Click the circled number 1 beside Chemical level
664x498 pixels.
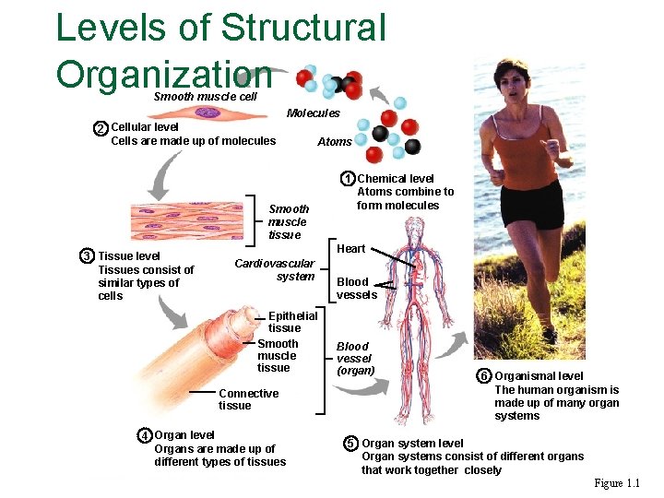pos(347,178)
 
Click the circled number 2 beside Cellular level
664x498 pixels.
pos(101,128)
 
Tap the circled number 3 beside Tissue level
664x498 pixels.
pos(87,255)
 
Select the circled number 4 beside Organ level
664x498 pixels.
pos(145,435)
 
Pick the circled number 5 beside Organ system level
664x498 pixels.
pos(350,444)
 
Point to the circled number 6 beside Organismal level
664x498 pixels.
pos(483,376)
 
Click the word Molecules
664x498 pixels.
pos(313,113)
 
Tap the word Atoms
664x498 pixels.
pos(334,142)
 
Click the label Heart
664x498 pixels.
pos(351,249)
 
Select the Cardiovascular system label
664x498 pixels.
pos(275,270)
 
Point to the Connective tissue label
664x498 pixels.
pos(248,399)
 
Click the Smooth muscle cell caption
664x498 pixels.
pos(205,97)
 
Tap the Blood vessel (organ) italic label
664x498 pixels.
pos(354,359)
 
